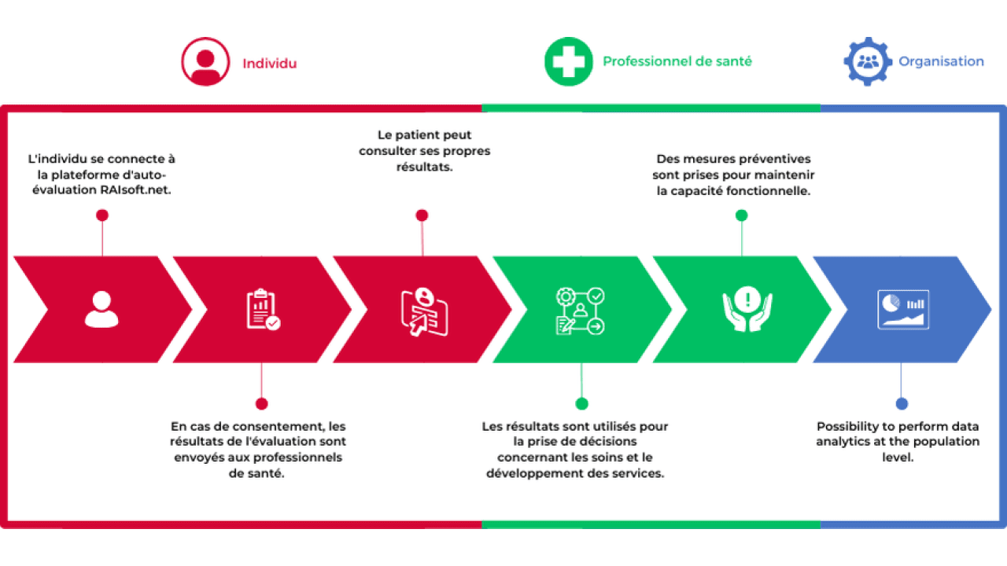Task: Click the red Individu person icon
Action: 205,61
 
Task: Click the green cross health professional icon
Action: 569,61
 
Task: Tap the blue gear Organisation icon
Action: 868,61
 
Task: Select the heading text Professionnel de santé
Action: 677,61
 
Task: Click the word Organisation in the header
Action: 941,61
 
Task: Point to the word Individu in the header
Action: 270,64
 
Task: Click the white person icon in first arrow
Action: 101,310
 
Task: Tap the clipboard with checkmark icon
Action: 263,310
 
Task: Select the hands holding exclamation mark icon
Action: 747,309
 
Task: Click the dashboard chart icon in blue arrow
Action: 903,310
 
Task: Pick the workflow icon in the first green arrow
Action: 581,311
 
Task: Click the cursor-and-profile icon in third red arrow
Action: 424,312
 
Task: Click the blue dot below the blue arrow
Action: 902,404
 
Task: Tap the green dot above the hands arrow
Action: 741,215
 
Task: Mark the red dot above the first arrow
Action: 102,215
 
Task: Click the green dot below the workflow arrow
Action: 581,404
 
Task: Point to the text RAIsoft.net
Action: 135,190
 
